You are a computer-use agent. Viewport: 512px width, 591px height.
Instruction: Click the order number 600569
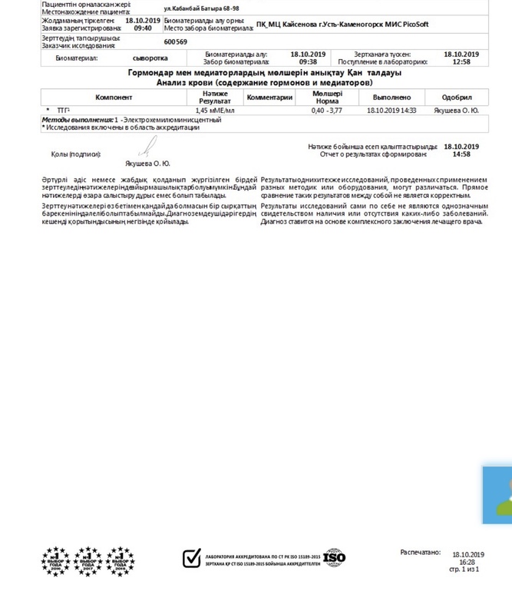point(175,42)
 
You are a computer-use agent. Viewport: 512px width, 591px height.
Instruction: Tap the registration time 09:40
point(143,28)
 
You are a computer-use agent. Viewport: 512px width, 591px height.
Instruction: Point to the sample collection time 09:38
point(309,62)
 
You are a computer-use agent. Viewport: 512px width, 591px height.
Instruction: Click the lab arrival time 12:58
point(461,62)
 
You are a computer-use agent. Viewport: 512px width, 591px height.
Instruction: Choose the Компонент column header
point(114,97)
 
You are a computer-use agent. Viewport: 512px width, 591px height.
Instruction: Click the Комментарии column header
point(269,97)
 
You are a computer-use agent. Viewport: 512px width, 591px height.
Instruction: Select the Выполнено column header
point(391,97)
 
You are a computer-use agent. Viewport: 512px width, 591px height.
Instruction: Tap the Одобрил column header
point(457,97)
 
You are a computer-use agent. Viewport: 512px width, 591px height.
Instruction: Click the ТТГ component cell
point(63,111)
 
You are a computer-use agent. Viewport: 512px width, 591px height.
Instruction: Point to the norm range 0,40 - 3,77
point(326,111)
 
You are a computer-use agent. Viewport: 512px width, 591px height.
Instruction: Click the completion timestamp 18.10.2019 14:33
point(391,111)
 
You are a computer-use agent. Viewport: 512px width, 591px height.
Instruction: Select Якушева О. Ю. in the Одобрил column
point(457,111)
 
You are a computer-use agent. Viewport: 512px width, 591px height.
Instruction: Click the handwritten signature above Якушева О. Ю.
point(150,147)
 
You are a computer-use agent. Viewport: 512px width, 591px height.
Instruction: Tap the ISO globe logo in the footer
point(335,558)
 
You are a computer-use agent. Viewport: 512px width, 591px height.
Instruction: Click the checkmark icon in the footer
point(192,558)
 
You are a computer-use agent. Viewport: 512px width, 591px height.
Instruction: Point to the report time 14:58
point(461,154)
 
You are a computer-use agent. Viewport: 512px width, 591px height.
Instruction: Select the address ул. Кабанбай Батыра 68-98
point(196,8)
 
